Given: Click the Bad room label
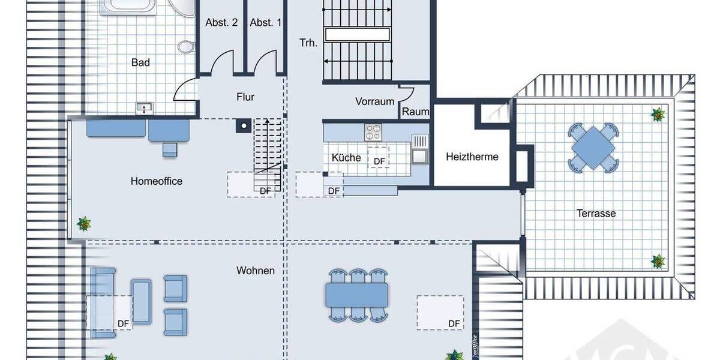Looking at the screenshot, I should [x=140, y=62].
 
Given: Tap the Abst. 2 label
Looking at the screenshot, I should [x=221, y=23].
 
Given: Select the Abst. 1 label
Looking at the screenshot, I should [x=265, y=23].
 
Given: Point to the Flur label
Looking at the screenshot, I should [x=245, y=97].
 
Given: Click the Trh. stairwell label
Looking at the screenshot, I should [x=308, y=43].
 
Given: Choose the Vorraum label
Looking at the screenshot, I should [x=374, y=101].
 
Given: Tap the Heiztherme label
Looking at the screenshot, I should [x=472, y=157].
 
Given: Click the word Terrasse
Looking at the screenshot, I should [x=596, y=213].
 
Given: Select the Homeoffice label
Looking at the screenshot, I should [x=156, y=181].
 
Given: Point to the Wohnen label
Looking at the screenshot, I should [x=255, y=271].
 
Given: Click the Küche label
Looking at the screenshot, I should [x=346, y=158].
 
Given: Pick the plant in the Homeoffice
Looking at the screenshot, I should [x=85, y=224].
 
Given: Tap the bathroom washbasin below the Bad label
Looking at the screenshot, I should [x=145, y=108].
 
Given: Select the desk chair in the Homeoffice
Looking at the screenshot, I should [x=169, y=148].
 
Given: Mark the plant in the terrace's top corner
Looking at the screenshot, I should [x=658, y=113].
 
